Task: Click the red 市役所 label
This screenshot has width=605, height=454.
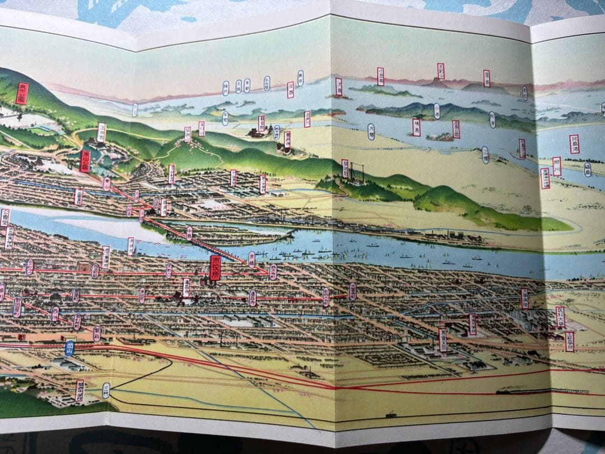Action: [x=215, y=267]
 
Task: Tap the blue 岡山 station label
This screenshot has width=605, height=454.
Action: [x=69, y=348]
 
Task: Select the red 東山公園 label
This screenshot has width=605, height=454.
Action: [x=85, y=161]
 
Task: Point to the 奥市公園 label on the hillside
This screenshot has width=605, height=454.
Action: [x=22, y=93]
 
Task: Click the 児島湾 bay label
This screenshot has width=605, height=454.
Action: [x=574, y=144]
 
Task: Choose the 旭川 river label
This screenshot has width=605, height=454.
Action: [x=556, y=166]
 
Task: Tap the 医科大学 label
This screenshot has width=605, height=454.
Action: [x=560, y=317]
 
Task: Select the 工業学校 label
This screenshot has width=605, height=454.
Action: [x=570, y=341]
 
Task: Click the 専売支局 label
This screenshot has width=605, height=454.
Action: [x=443, y=339]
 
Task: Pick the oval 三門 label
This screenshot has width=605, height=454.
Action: [x=106, y=388]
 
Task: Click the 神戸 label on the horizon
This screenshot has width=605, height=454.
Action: [x=226, y=87]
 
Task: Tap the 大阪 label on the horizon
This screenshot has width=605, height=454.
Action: [x=239, y=86]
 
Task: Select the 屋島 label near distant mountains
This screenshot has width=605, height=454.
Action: [x=486, y=78]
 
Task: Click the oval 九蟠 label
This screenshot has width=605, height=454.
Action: [x=371, y=132]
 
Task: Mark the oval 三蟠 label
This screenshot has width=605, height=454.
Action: [x=485, y=155]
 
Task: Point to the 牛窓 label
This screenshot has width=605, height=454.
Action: [x=225, y=118]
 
